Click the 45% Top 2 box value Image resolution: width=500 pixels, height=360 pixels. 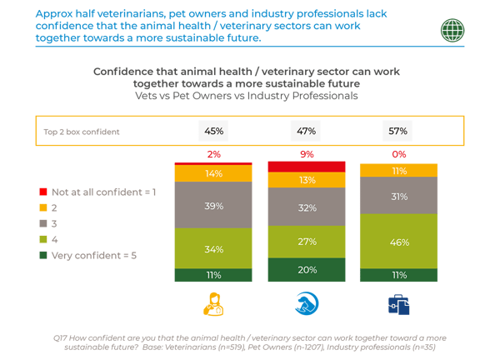[x=212, y=132]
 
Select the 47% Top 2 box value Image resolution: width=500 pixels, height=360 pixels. [x=305, y=132]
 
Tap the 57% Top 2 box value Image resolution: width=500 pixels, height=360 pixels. [x=397, y=132]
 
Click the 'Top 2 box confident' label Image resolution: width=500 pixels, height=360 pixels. [x=82, y=132]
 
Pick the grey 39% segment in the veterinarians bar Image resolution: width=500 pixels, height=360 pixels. [x=212, y=205]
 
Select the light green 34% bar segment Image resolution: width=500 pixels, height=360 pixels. [x=212, y=248]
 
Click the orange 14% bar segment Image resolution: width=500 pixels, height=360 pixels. [x=212, y=174]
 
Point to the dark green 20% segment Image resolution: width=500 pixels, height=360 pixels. [x=305, y=271]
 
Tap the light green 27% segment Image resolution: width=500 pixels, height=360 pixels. [x=305, y=242]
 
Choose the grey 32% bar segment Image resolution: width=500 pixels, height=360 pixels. [x=305, y=208]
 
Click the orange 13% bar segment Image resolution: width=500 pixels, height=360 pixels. [x=305, y=180]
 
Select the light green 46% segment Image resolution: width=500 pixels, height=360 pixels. [x=397, y=242]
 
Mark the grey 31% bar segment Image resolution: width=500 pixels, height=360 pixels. [x=397, y=196]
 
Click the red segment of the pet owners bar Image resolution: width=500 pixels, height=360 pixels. [x=305, y=167]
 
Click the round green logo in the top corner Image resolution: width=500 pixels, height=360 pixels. [x=453, y=29]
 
